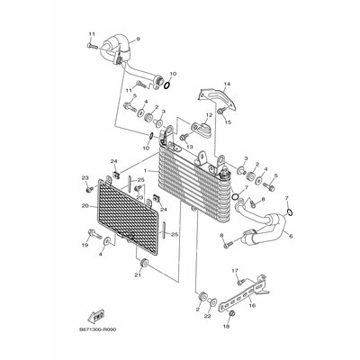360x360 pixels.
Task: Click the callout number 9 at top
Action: coord(139,40)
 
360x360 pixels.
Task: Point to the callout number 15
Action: coord(229,121)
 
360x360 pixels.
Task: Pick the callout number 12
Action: coord(208,116)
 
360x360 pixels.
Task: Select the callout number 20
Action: coord(84,206)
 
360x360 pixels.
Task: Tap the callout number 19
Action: coord(84,244)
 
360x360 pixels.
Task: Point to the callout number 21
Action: coord(139,274)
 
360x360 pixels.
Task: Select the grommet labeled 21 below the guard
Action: coord(141,262)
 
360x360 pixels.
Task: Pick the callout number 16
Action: coord(251,306)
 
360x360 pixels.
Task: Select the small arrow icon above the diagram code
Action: coord(94,315)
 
